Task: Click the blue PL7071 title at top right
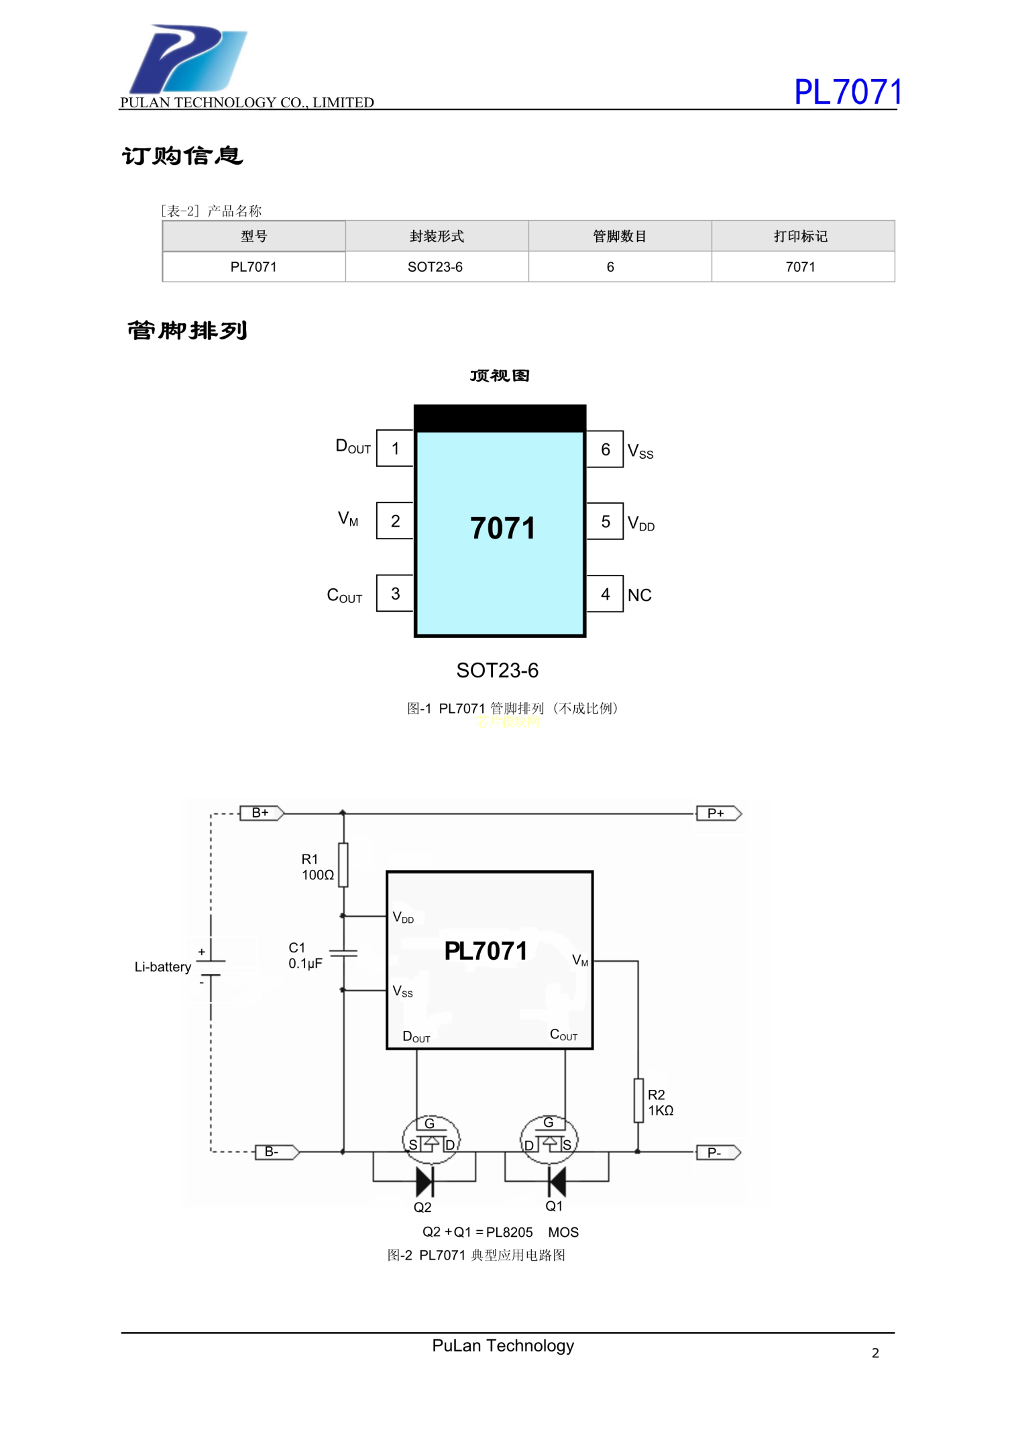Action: point(848,92)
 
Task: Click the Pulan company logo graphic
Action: point(188,59)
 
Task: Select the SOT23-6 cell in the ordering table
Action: point(435,267)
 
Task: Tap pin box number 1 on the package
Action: point(395,449)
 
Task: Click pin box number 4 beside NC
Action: point(605,594)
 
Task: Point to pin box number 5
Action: point(605,522)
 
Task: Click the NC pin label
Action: point(639,596)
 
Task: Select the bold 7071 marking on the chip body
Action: point(502,529)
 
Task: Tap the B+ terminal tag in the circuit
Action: point(262,813)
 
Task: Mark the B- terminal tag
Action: point(276,1152)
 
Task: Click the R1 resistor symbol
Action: point(343,865)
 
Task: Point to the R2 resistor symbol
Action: point(638,1101)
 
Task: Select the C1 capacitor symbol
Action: point(343,952)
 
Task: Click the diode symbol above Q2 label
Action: point(425,1181)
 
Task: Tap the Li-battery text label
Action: point(163,967)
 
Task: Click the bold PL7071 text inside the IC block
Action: point(486,951)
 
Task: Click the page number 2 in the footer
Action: point(875,1353)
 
